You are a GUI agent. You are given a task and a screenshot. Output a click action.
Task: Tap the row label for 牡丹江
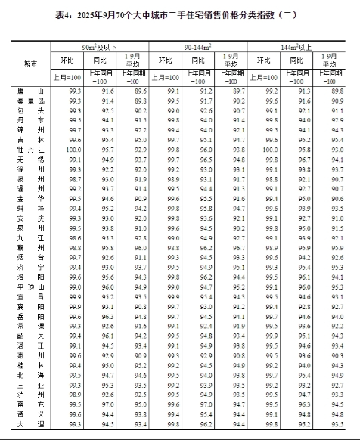(x=31, y=151)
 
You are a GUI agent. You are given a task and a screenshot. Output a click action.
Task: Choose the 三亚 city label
(x=31, y=385)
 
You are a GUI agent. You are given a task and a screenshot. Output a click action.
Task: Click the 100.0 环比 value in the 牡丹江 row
(x=74, y=151)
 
